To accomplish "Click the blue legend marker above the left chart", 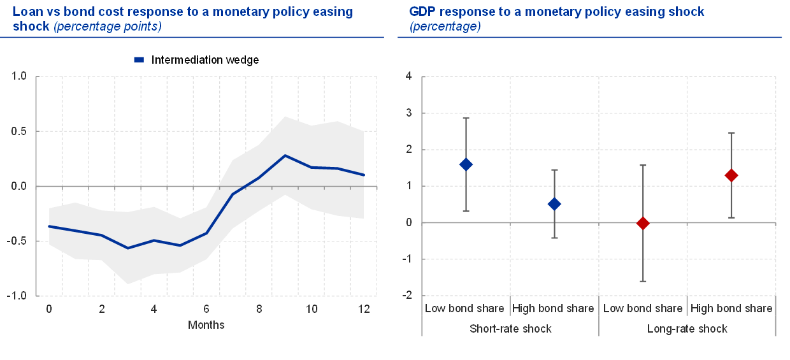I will [x=138, y=59].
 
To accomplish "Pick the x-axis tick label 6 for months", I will [x=206, y=308].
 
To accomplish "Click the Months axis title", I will [x=206, y=325].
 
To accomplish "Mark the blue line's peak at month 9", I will [x=285, y=155].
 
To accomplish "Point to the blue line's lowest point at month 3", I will [x=127, y=248].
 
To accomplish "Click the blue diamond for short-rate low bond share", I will [x=466, y=164].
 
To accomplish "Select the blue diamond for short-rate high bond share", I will [x=554, y=204].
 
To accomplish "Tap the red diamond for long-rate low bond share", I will [x=643, y=223].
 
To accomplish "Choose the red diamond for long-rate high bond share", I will [x=731, y=175].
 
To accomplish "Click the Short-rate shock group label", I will [x=510, y=329].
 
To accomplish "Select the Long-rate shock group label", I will [x=687, y=329].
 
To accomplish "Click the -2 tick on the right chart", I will [x=408, y=296].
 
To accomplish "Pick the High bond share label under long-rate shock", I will [x=731, y=308].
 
